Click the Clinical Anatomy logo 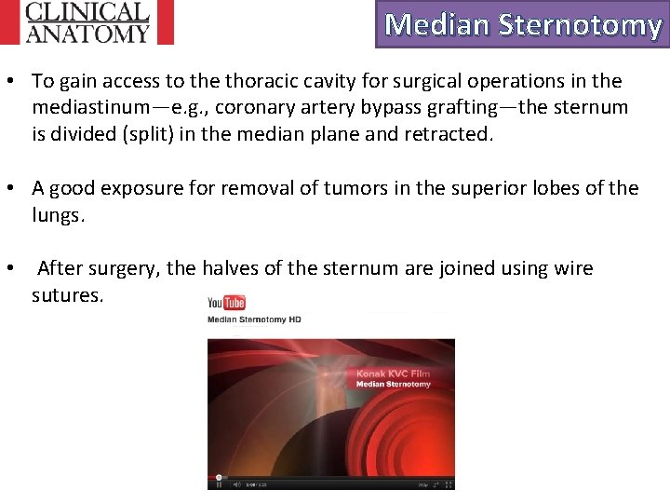pos(87,22)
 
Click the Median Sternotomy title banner pos(522,24)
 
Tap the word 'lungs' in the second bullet pos(56,214)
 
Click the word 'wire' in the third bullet pos(574,269)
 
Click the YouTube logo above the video pos(226,303)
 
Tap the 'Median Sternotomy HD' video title pos(254,319)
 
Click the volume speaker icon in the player pos(237,484)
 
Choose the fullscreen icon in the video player pos(449,484)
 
